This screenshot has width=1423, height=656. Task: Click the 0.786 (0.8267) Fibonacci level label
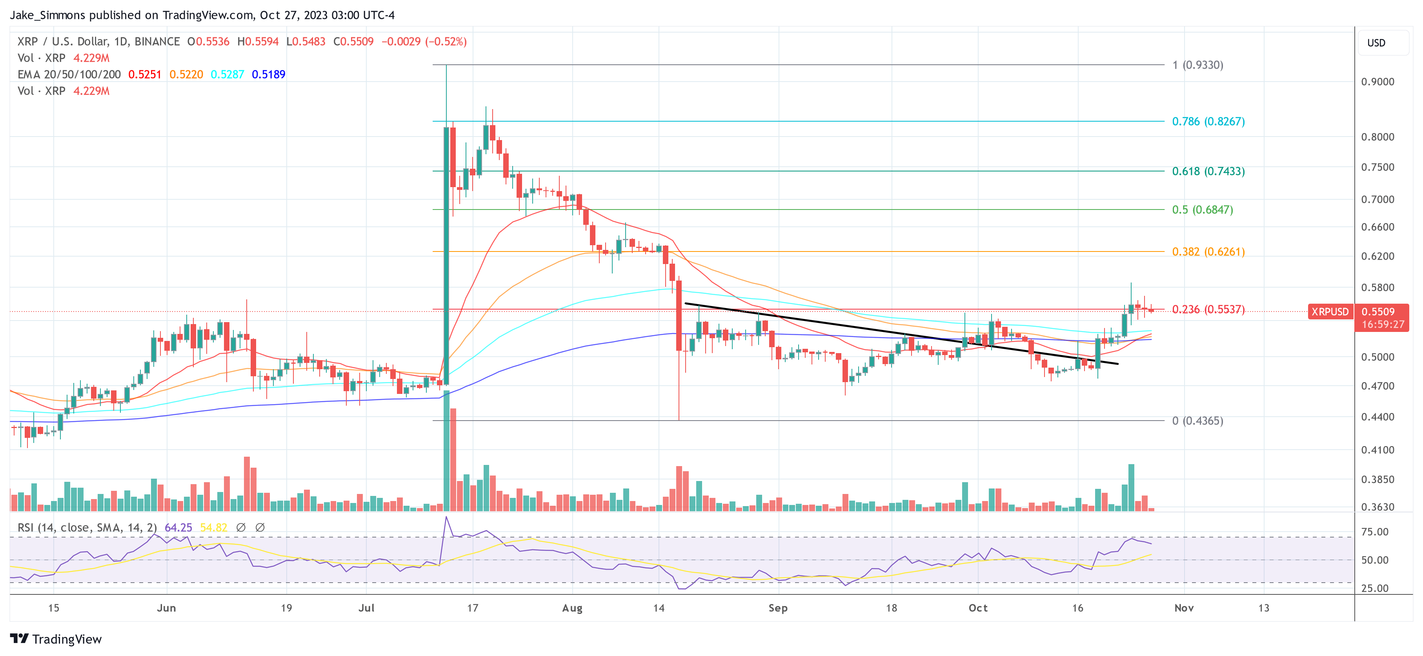coord(1208,122)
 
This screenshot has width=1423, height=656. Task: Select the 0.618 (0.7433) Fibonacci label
coord(1208,171)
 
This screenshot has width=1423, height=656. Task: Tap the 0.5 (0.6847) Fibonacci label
coord(1202,210)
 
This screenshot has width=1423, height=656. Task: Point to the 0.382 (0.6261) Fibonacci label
coord(1208,252)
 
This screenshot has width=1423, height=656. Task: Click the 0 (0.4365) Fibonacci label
coord(1197,421)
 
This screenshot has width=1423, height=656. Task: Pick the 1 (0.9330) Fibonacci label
coord(1197,65)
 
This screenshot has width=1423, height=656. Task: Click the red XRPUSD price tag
coord(1330,312)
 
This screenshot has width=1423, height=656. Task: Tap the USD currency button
coord(1376,43)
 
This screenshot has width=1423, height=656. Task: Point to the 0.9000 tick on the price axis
coord(1377,82)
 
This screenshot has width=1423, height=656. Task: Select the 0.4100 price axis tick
coord(1377,450)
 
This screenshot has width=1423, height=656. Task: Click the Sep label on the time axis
coord(778,608)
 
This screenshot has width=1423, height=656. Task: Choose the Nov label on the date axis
coord(1184,608)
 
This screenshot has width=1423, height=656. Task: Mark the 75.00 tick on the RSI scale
coord(1374,532)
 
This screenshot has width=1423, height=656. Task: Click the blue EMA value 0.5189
coord(268,75)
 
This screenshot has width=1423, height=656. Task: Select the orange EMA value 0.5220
coord(186,75)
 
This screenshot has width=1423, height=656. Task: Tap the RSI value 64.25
coord(178,528)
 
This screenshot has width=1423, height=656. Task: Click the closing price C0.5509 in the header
coord(353,42)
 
